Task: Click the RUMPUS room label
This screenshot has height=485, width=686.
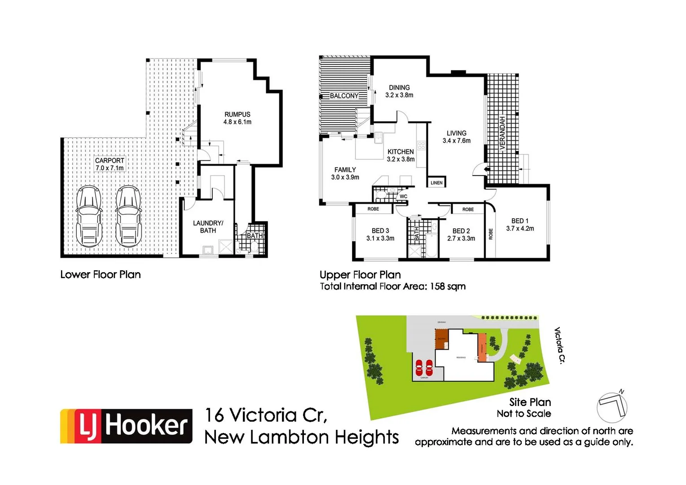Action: click(237, 118)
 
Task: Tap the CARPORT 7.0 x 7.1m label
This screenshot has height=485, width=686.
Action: click(110, 164)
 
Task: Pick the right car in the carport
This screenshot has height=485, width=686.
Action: click(128, 216)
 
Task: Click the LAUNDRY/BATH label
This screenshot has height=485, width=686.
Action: click(208, 227)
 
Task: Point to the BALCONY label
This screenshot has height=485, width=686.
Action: click(344, 96)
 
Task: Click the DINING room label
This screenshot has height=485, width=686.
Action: click(399, 91)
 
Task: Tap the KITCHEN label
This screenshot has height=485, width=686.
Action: click(400, 155)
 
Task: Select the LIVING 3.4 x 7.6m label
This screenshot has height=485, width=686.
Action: click(457, 137)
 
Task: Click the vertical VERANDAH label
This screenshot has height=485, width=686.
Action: click(502, 133)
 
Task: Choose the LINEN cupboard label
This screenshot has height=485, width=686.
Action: click(436, 183)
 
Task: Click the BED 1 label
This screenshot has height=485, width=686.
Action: click(520, 225)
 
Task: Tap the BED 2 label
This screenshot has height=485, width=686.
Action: click(461, 234)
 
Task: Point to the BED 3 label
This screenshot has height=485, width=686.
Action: click(380, 234)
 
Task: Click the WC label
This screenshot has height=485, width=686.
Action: click(404, 196)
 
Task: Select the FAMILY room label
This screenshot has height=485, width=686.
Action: click(345, 173)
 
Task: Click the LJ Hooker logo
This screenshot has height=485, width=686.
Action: click(126, 426)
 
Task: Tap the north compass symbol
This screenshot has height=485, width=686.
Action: click(612, 406)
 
